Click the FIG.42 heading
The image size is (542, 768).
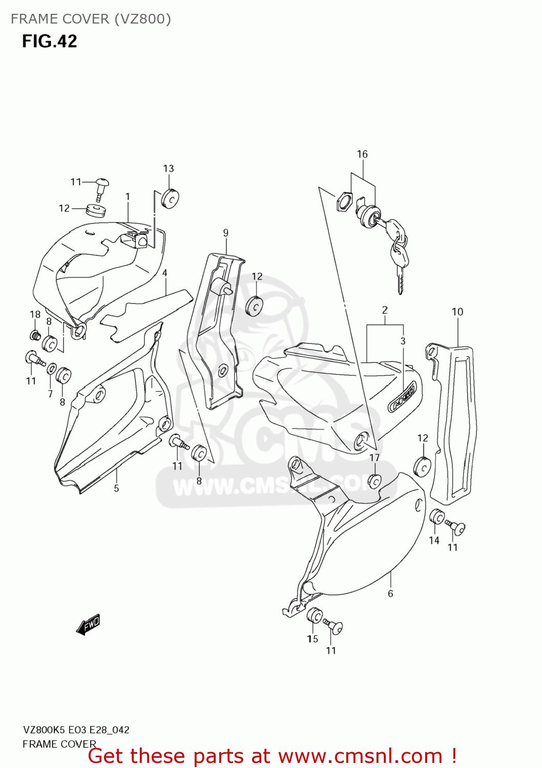coord(49,41)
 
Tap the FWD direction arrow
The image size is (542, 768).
coord(88,625)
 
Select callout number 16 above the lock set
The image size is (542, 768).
coord(362,154)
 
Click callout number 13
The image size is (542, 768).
coord(169,168)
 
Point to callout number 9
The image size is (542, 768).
coord(226,233)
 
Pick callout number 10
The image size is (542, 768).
coord(457,312)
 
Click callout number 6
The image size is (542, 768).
coord(390,593)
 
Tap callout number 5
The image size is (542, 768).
coord(116,488)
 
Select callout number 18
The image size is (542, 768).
coord(35,314)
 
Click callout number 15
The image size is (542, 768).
coord(312,638)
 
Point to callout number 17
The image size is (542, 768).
coord(374,458)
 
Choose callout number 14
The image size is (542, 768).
coord(434,540)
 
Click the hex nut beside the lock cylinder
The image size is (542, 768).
coord(345,201)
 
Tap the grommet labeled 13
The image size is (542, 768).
coord(169,199)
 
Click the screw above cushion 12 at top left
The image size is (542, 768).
coord(101,187)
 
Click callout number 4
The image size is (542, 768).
coord(165,273)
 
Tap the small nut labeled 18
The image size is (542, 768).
coord(35,336)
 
